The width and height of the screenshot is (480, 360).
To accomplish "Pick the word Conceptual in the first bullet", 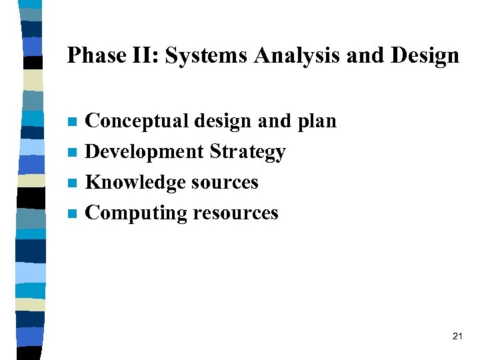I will point(137,121).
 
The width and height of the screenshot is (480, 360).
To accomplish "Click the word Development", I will point(145,152).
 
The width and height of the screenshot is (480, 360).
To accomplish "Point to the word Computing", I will point(137,213).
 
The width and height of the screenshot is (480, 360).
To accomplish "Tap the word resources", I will point(235,213).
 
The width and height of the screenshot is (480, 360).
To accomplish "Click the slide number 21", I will point(457,336).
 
